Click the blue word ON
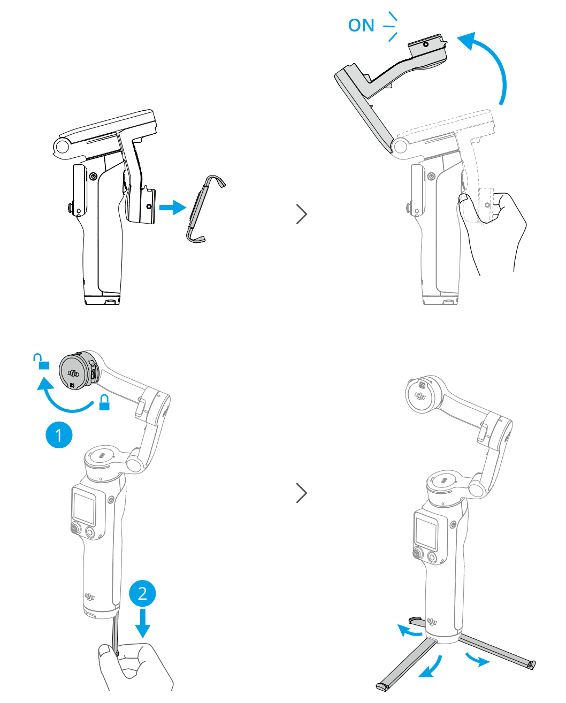(x=361, y=25)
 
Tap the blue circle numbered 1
(x=59, y=435)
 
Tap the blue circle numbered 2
(x=142, y=593)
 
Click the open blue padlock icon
(x=41, y=361)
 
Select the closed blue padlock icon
(x=104, y=402)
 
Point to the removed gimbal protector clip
(x=205, y=209)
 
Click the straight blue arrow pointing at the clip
(x=172, y=208)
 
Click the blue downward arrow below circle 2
(x=142, y=623)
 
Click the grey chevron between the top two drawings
(x=301, y=215)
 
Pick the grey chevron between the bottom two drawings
(x=301, y=493)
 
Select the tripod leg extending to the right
(x=496, y=652)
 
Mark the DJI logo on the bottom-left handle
(x=89, y=597)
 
